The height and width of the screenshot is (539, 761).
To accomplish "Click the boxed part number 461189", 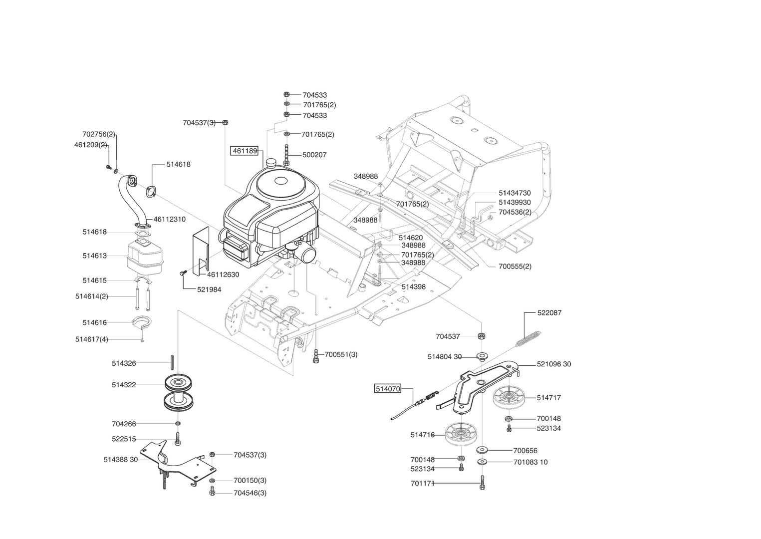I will [244, 151].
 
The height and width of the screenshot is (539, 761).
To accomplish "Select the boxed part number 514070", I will [388, 388].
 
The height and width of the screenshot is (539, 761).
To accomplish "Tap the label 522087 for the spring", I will [549, 313].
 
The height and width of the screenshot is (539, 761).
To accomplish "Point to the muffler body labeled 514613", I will [145, 256].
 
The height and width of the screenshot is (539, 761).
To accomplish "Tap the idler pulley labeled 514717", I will [508, 398].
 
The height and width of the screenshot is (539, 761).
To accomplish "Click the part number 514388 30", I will [120, 460].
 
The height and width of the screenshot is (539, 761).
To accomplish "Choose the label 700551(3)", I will [341, 354].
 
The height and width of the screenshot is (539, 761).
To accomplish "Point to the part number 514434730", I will [514, 193].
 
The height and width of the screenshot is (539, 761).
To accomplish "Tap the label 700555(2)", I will [515, 267].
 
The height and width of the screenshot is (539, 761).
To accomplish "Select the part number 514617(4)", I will [91, 339].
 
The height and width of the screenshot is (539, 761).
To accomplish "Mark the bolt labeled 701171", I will [482, 483].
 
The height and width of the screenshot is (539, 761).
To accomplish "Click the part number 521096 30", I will [554, 364].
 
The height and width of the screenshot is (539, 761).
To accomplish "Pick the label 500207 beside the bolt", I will [314, 155].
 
